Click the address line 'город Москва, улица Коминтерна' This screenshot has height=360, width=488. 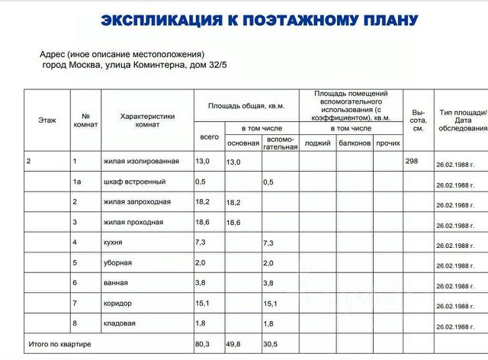tap(134, 66)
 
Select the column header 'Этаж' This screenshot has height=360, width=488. tap(47, 121)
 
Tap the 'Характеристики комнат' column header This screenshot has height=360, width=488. tap(148, 121)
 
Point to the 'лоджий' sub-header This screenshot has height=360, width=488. tap(317, 143)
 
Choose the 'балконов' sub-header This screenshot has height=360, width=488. tap(355, 143)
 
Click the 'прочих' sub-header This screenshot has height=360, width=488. tap(388, 143)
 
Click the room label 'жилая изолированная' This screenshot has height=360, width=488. tap(141, 162)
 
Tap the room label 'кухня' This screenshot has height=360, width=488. tap(113, 243)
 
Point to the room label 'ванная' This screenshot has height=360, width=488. tap(114, 283)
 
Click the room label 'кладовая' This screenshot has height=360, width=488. tap(119, 323)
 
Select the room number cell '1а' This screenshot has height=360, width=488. tap(76, 182)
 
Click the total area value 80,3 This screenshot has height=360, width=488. tap(203, 345)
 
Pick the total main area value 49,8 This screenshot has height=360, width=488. tap(233, 345)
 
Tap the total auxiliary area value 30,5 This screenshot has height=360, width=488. tap(270, 345)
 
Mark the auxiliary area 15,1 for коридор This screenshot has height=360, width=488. tap(270, 304)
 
